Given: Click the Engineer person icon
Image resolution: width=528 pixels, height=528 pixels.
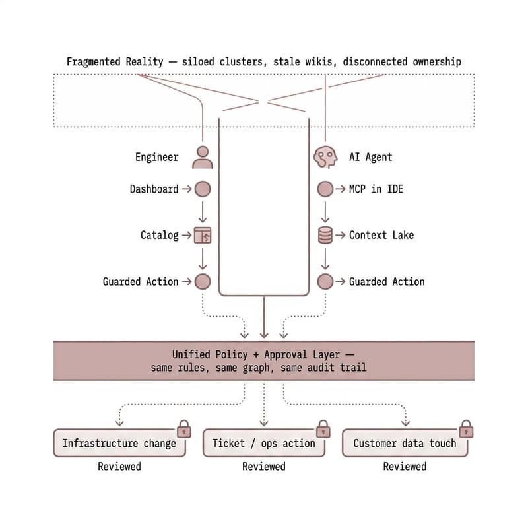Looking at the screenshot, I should point(203,157).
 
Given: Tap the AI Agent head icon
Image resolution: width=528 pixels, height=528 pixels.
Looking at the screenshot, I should point(325,157).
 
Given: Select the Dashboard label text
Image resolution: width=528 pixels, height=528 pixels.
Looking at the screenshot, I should point(154,189).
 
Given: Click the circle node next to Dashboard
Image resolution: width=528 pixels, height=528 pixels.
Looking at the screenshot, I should point(203,189).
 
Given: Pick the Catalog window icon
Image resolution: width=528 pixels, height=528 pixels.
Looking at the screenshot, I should point(203,235).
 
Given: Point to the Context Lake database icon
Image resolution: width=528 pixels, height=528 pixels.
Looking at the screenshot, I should point(325,235).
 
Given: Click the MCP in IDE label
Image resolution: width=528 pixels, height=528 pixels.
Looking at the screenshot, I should point(376,189).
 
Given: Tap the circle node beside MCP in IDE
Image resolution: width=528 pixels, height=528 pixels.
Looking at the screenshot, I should point(325,189).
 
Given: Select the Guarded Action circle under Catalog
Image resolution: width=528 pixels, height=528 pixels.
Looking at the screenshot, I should point(203,282).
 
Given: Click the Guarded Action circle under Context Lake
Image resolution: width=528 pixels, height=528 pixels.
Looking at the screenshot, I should point(325,282).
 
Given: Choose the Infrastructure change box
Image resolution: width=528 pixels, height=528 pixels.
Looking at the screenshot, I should point(119,444).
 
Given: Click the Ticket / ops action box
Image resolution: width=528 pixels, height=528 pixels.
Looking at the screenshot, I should point(263,444).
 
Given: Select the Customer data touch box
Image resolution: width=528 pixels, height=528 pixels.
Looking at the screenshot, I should point(405,444).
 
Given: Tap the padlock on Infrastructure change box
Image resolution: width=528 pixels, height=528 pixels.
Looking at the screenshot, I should point(184,430).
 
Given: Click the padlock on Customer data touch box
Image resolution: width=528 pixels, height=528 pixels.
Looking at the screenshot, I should point(467,430).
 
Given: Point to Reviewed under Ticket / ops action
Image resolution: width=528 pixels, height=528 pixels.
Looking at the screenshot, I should point(263,467).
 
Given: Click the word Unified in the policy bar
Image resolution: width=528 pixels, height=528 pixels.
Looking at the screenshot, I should point(193,354).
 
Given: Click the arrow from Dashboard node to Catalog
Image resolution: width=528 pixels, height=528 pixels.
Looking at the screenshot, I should point(203,212).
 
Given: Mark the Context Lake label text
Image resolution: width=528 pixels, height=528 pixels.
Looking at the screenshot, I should point(381,235).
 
